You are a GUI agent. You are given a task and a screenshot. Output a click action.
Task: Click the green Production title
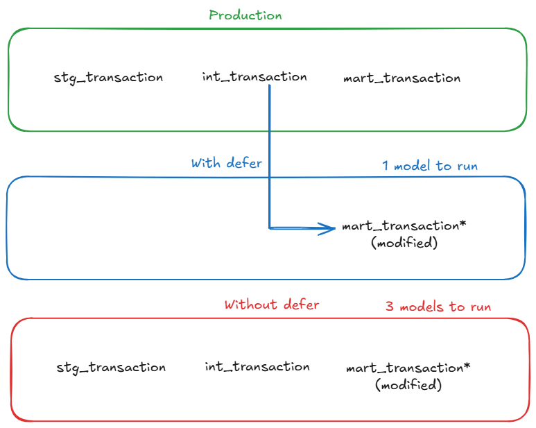coord(245,15)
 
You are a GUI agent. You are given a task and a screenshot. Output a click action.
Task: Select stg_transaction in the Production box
coord(108,77)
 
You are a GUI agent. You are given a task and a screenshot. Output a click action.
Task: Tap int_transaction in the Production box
coord(254,76)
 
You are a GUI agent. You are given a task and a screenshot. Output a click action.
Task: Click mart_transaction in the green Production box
coord(401,78)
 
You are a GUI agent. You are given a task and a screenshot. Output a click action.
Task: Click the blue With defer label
coord(227,163)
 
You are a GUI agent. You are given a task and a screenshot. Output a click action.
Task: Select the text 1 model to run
coord(430,166)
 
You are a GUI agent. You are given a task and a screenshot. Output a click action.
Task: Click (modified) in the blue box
coord(405,243)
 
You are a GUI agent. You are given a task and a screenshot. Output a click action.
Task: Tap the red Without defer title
coord(272,305)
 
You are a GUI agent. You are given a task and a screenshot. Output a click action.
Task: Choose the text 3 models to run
coord(438,307)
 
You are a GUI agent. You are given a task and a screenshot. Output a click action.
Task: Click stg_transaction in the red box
coord(111,367)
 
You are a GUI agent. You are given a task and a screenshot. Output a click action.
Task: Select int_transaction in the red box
coord(257,366)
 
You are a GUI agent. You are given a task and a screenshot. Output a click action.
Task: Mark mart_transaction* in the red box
coord(404,368)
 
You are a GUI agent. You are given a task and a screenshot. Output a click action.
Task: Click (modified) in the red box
coord(408,384)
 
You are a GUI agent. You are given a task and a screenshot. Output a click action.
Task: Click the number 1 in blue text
coord(386,166)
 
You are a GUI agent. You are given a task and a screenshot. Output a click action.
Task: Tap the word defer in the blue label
coord(245,163)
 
